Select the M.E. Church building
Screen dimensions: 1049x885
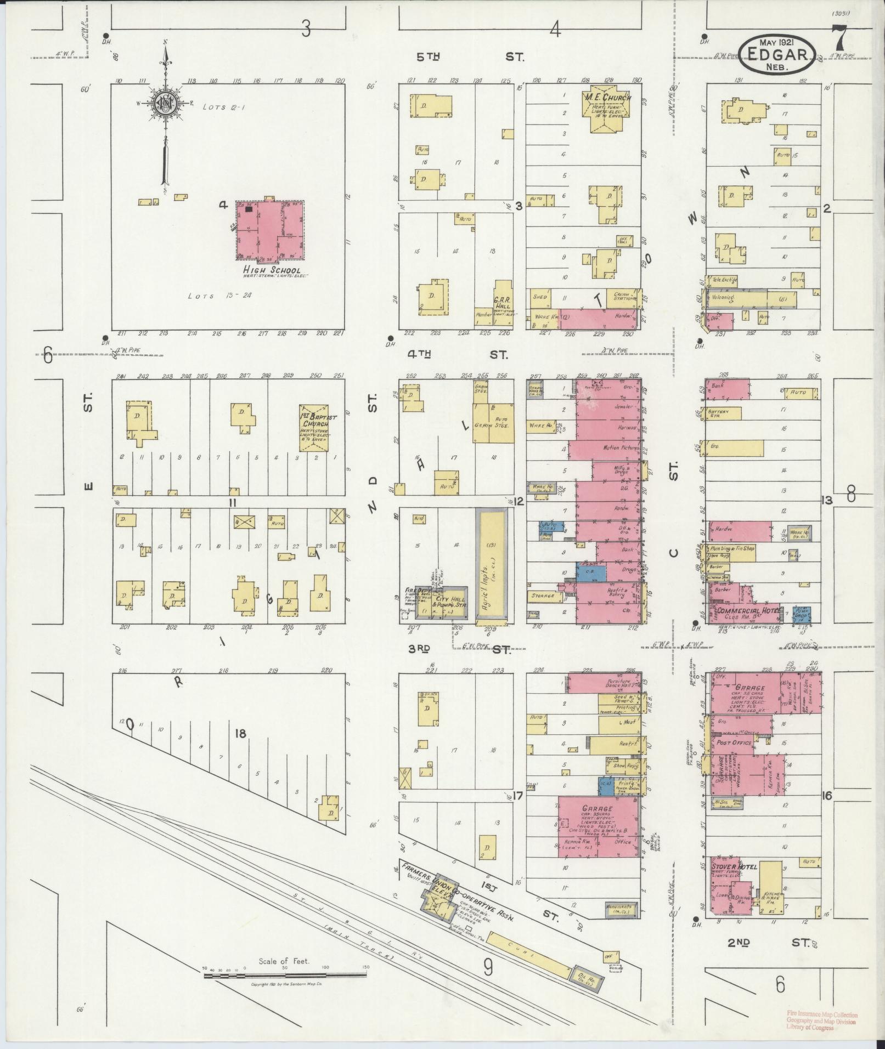(607, 108)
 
